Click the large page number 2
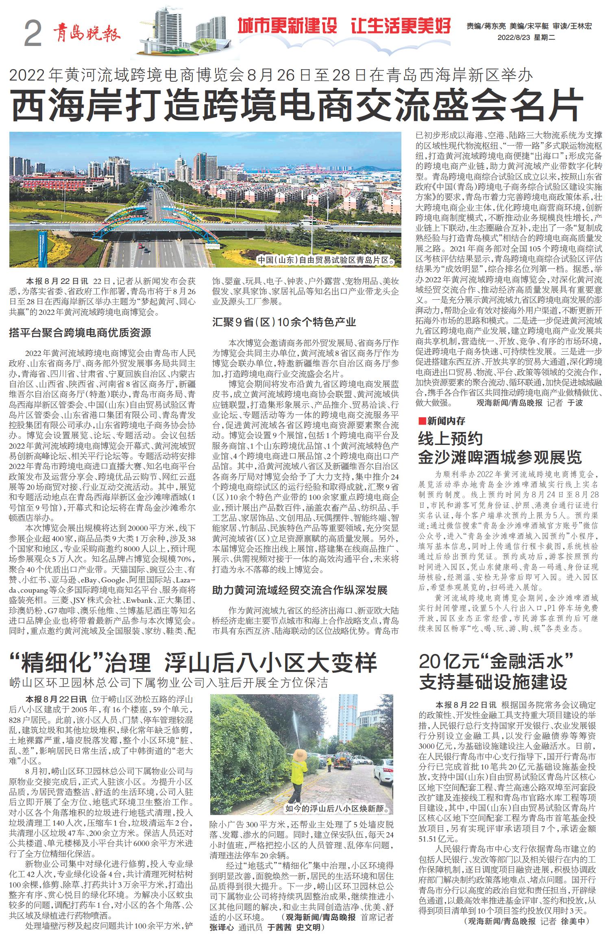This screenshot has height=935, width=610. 33,35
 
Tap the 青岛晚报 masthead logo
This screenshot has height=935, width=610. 86,32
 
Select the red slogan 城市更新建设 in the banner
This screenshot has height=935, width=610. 288,26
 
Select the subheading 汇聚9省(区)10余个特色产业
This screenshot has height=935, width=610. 284,322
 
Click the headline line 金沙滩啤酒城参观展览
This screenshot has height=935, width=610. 500,457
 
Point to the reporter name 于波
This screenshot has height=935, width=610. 575,403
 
